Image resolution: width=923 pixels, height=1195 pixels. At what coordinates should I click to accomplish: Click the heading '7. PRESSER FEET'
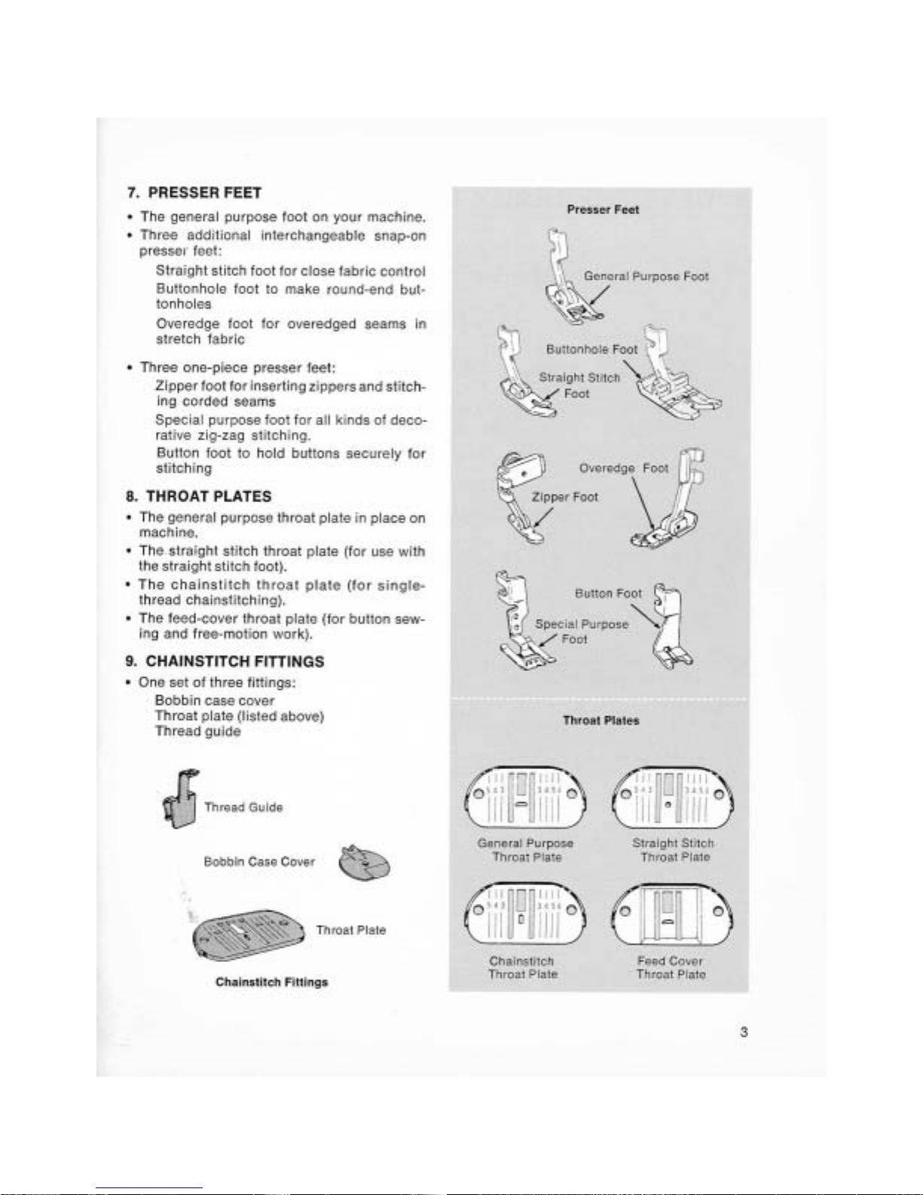click(x=194, y=193)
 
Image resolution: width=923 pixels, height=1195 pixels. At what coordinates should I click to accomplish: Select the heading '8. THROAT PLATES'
click(x=199, y=496)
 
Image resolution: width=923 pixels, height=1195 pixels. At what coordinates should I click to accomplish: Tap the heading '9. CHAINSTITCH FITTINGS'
click(x=225, y=661)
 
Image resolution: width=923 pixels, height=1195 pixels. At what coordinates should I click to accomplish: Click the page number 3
click(x=744, y=1032)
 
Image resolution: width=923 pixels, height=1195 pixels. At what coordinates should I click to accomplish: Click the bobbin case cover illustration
click(x=365, y=863)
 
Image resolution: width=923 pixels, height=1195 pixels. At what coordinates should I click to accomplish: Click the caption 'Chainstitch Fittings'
click(x=271, y=982)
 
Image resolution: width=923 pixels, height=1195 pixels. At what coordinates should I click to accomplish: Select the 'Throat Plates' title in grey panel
click(x=601, y=721)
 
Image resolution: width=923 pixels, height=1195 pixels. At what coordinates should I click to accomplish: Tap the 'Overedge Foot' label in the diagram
click(x=623, y=468)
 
